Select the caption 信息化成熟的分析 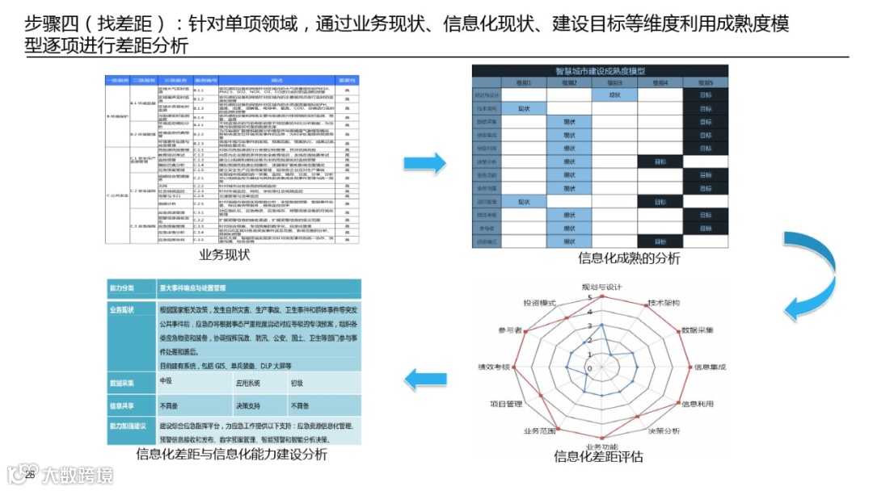tap(629, 258)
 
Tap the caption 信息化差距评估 tap(598, 456)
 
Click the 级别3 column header tap(614, 82)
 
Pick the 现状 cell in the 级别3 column tap(614, 95)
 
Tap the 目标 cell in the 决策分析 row tap(660, 162)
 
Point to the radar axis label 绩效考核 tap(493, 366)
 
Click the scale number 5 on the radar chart tap(589, 298)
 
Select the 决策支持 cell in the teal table tap(247, 405)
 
